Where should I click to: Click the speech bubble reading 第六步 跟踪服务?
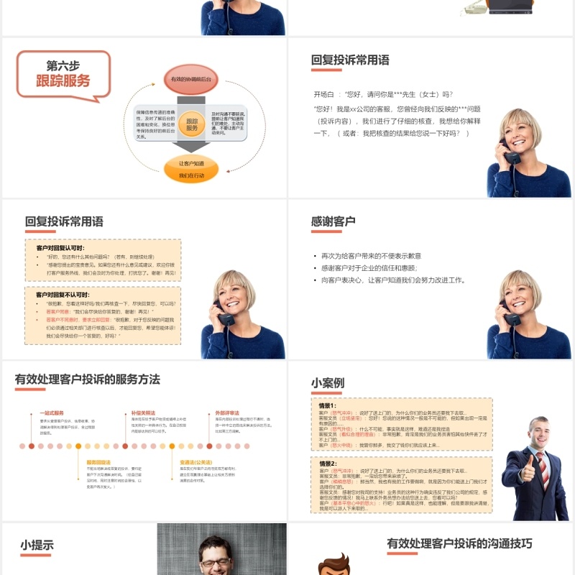pyautogui.click(x=63, y=73)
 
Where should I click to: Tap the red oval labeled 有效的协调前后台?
pyautogui.click(x=191, y=78)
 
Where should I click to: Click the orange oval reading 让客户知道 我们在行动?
pyautogui.click(x=191, y=170)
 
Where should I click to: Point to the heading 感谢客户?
pyautogui.click(x=333, y=221)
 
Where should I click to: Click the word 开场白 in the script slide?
pyautogui.click(x=324, y=94)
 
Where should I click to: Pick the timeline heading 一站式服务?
pyautogui.click(x=52, y=413)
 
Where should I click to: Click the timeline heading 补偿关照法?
pyautogui.click(x=143, y=413)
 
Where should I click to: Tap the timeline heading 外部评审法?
pyautogui.click(x=227, y=413)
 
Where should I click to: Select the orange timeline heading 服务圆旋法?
pyautogui.click(x=98, y=462)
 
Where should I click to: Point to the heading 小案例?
pyautogui.click(x=328, y=383)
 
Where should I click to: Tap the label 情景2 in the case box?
pyautogui.click(x=328, y=464)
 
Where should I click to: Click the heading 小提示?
pyautogui.click(x=37, y=546)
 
